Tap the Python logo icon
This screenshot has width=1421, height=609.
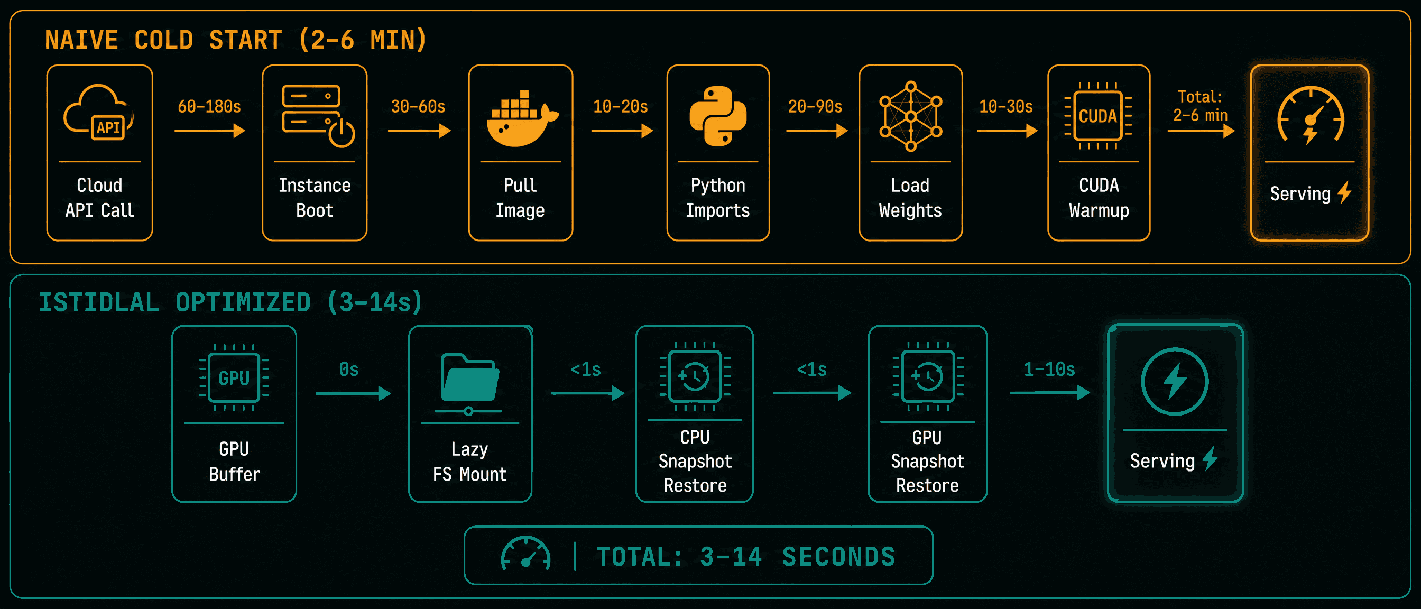pyautogui.click(x=718, y=116)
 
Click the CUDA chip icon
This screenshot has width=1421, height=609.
pyautogui.click(x=1098, y=116)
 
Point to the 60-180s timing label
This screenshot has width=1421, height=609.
pyautogui.click(x=209, y=106)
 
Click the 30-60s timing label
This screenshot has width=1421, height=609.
pyautogui.click(x=418, y=106)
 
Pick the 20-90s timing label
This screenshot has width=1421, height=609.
pyautogui.click(x=815, y=106)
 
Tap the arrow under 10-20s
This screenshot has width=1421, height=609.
pyautogui.click(x=622, y=131)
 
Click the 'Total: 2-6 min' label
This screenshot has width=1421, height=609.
pyautogui.click(x=1201, y=106)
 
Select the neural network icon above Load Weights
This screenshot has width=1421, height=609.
pyautogui.click(x=911, y=116)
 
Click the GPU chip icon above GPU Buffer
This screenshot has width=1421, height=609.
pyautogui.click(x=234, y=378)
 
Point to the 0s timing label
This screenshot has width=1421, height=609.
pyautogui.click(x=348, y=369)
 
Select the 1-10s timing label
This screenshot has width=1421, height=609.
pyautogui.click(x=1049, y=369)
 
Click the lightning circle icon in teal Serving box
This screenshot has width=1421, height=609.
pyautogui.click(x=1175, y=381)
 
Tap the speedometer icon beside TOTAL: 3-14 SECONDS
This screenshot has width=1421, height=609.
pyautogui.click(x=525, y=553)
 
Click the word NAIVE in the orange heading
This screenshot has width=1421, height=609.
pyautogui.click(x=81, y=40)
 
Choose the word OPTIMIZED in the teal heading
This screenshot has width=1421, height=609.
pyautogui.click(x=243, y=302)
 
